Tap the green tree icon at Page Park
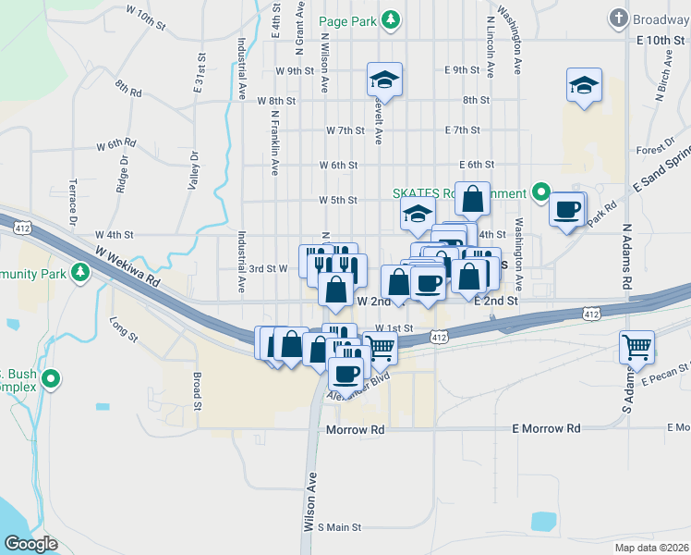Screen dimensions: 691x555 [x=392, y=19]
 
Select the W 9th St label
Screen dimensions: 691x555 [x=295, y=70]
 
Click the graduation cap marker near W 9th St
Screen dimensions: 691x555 [x=384, y=80]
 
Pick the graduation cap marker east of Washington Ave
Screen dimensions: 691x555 [x=584, y=86]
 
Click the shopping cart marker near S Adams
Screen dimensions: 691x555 [x=636, y=348]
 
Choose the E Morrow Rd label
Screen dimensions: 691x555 [x=546, y=429]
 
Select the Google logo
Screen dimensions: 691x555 [x=31, y=544]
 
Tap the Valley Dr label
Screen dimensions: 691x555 [x=194, y=171]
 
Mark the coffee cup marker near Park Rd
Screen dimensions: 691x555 [x=567, y=208]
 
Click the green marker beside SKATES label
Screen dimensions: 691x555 [x=540, y=193]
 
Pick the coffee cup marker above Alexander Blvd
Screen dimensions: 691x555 [x=346, y=373]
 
